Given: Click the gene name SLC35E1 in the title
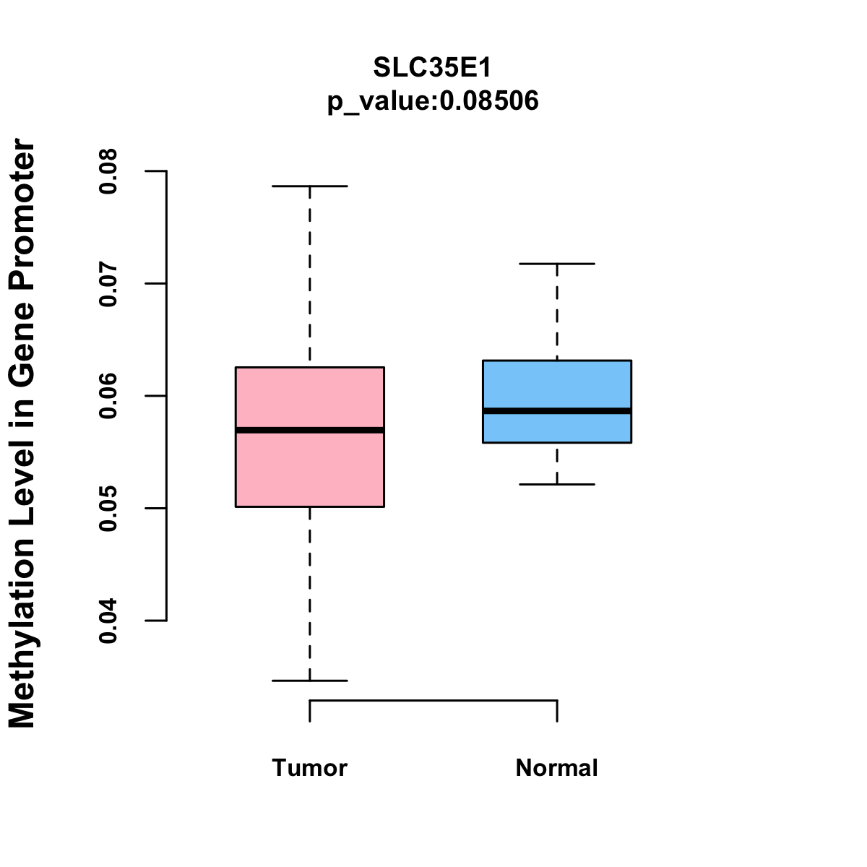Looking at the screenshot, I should point(433,68).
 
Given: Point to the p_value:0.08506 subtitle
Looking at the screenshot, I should point(433,101).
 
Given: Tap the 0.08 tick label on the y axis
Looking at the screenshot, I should point(108,172).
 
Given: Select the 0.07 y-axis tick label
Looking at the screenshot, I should point(108,284).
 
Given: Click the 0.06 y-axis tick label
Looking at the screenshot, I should point(108,396).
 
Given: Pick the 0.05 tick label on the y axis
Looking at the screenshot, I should point(108,509).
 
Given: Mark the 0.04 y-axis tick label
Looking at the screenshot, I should point(108,621).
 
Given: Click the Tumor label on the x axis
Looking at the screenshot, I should point(310,767).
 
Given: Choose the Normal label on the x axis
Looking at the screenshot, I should point(557,767).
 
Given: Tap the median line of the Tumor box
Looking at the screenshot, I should point(310,430).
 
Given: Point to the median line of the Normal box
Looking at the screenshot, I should point(557,410).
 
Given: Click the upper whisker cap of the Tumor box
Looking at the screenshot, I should point(310,186).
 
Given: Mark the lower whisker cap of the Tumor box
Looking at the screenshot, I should point(310,681).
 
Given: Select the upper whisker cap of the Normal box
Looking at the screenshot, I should point(557,264).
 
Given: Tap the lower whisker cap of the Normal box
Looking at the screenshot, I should point(557,484).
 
